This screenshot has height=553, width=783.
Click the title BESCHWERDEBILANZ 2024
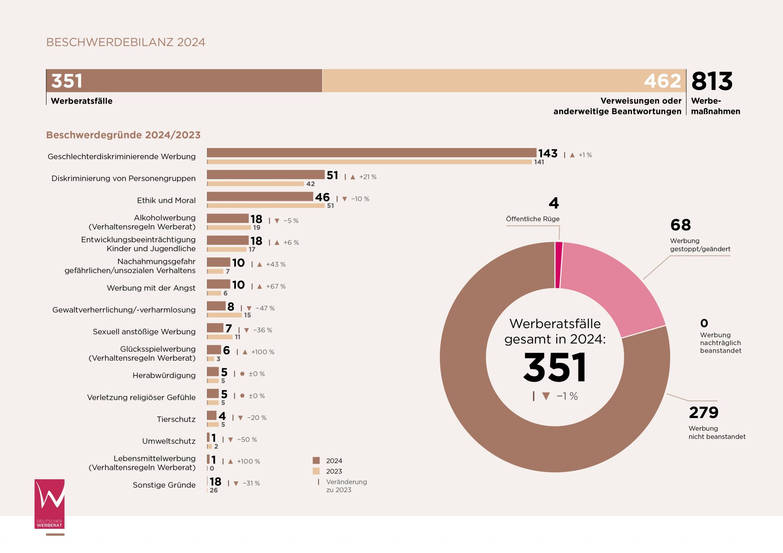(125, 42)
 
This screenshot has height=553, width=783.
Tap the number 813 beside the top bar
(712, 81)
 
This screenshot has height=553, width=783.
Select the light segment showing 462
(504, 81)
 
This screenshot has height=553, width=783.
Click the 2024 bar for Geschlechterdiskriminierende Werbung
(371, 153)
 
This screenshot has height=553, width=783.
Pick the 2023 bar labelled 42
(255, 184)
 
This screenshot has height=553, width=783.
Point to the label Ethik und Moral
(166, 200)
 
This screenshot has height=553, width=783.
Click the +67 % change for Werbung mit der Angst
(276, 286)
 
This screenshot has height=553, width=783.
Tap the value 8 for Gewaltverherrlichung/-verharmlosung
(231, 307)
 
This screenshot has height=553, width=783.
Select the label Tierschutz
(176, 419)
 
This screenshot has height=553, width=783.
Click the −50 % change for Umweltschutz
(247, 440)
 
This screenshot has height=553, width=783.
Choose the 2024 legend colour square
(316, 460)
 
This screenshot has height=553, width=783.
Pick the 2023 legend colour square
(316, 471)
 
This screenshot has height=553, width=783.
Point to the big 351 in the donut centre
(555, 368)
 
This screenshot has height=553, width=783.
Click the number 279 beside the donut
(703, 413)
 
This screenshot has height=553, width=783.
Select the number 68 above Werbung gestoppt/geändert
(681, 225)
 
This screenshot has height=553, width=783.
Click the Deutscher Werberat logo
(50, 504)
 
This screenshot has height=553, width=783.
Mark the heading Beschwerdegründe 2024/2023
(123, 135)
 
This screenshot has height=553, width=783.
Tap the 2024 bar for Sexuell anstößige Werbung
(215, 328)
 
